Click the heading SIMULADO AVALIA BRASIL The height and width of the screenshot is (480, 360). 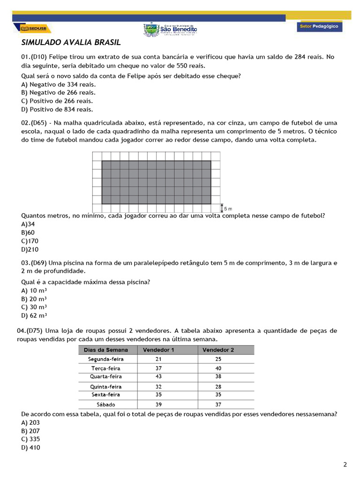[71, 43]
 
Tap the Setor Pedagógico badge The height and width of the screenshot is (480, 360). [319, 27]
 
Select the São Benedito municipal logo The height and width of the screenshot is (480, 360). [170, 29]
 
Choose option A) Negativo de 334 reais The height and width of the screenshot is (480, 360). [59, 84]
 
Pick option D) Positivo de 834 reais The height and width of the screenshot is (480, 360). [57, 109]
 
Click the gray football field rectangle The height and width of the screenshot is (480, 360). [156, 182]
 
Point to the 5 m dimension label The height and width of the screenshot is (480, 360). [227, 208]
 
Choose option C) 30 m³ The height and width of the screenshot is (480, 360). [34, 307]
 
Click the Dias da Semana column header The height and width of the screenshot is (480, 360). [105, 350]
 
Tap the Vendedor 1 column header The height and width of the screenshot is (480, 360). [158, 350]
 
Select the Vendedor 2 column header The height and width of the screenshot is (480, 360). [218, 350]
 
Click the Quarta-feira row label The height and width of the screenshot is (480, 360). [106, 376]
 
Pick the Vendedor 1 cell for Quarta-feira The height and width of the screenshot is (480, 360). [158, 376]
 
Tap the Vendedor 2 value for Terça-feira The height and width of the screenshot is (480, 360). [218, 368]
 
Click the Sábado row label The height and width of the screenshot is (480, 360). [106, 404]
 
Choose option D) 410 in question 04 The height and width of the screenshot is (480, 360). [31, 448]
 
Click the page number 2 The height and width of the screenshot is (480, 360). [345, 465]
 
